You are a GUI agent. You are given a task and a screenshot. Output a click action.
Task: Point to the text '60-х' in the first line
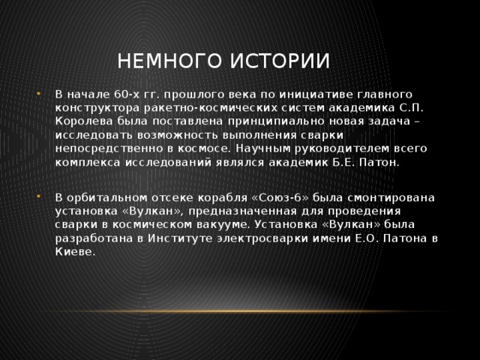coord(123,94)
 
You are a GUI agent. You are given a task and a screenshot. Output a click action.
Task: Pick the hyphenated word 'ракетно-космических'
coord(187,108)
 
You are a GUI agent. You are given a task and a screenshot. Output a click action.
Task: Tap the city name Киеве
coord(73,251)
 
